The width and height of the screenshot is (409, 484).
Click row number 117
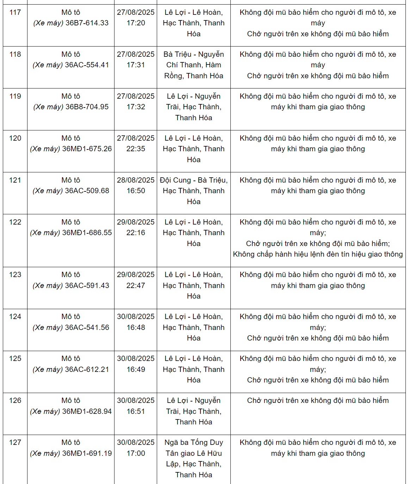[15, 12]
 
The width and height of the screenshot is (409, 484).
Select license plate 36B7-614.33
[87, 23]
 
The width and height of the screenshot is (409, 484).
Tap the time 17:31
[136, 65]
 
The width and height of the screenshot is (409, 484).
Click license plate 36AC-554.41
[87, 65]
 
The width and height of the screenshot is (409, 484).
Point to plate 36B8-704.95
[87, 107]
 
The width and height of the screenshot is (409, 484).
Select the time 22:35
[136, 149]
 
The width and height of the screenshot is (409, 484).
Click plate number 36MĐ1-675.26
[87, 149]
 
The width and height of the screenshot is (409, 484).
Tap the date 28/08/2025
[136, 180]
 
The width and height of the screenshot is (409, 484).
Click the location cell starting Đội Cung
[194, 191]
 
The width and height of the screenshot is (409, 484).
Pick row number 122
[15, 222]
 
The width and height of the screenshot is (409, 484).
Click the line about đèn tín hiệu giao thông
[318, 254]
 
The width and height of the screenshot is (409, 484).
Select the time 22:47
[136, 286]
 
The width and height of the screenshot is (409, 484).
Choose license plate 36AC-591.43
[87, 286]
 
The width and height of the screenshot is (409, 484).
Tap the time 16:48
[136, 327]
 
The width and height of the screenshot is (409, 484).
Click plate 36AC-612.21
[87, 369]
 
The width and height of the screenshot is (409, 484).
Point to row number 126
[15, 400]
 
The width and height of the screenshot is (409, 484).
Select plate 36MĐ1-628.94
[87, 411]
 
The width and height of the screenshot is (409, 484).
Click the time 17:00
[136, 453]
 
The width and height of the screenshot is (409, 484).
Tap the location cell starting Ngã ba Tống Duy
[194, 458]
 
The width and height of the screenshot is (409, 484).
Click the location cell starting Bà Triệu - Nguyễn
[194, 65]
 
